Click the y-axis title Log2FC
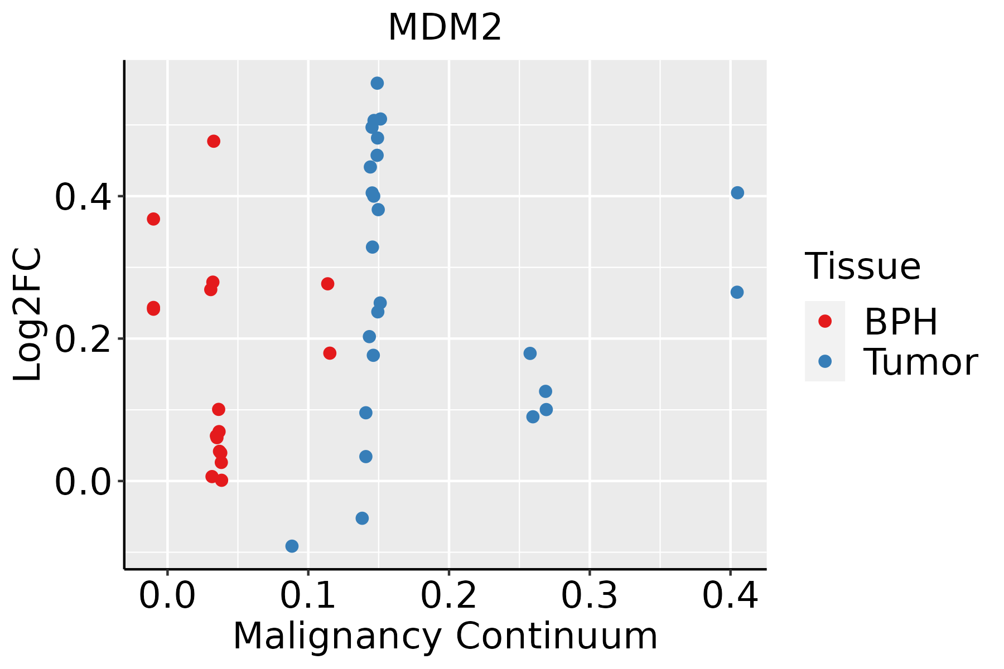[28, 315]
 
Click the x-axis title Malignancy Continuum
[445, 636]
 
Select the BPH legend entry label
[901, 322]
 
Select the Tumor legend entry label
[920, 362]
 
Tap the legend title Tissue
[862, 266]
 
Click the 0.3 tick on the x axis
[589, 595]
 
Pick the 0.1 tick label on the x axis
[308, 595]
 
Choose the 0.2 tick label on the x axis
[448, 595]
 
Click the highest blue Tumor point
[377, 84]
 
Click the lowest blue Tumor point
[292, 546]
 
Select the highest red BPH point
[214, 141]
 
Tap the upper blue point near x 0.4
[737, 193]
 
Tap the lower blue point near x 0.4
[737, 292]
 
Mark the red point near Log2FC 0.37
[153, 219]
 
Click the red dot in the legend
[824, 321]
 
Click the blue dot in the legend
[824, 361]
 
